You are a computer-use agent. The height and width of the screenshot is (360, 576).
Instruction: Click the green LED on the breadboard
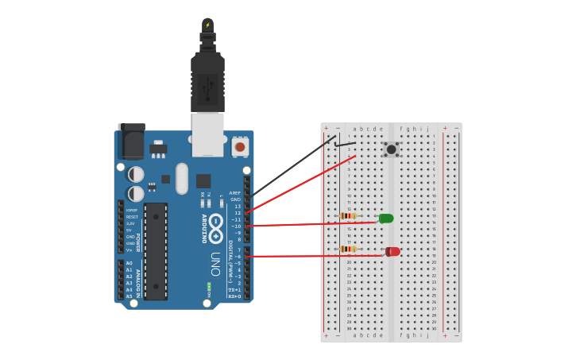tap(386, 219)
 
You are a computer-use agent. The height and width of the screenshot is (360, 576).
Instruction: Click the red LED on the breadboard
tap(392, 252)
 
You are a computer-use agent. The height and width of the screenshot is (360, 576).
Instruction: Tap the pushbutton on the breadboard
tap(391, 149)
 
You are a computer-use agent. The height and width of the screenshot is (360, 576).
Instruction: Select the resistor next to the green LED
tap(347, 215)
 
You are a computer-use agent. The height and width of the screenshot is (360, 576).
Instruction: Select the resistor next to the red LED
tap(347, 249)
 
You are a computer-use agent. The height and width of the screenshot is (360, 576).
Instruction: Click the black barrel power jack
tap(131, 141)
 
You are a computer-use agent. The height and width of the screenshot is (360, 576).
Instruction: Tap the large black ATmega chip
tap(156, 251)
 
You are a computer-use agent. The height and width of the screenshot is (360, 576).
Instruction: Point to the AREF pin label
tap(234, 193)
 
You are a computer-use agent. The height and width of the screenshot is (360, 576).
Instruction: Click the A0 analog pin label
tap(129, 263)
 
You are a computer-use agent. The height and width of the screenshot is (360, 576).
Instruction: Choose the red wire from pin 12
tap(302, 184)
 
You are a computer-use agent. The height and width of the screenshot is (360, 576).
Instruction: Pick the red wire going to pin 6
tap(310, 256)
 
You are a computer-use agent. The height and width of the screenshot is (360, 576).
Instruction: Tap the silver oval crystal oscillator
tap(182, 178)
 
